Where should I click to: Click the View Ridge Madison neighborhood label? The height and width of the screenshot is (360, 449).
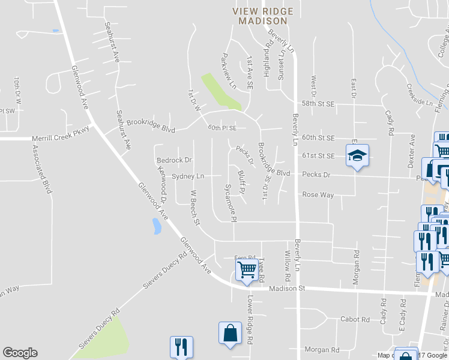(263, 16)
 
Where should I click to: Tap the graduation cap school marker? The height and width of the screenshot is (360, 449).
(357, 156)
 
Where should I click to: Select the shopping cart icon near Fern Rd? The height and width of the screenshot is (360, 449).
(247, 270)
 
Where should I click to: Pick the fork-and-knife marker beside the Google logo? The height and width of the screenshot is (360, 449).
(180, 346)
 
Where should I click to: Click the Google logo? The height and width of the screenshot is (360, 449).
(20, 353)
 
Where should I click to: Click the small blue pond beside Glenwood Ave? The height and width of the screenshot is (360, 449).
(157, 226)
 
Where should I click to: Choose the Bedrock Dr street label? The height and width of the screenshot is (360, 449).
(173, 160)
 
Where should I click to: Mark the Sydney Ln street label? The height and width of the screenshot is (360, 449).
(188, 176)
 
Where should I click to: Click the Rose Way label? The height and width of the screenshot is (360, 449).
(318, 194)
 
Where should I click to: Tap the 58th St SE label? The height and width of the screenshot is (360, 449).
(318, 104)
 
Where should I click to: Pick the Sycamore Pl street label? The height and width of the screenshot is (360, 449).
(231, 203)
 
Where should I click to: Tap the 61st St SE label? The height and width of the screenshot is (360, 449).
(318, 155)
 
